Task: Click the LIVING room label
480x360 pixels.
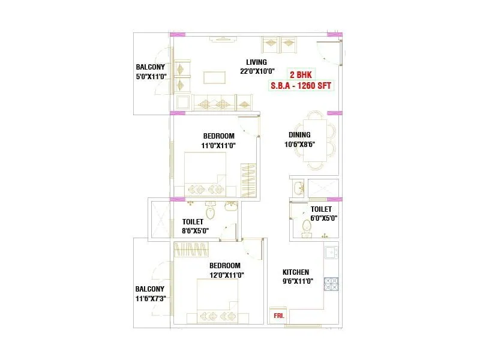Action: tap(257, 62)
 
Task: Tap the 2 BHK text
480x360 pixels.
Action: tap(300, 75)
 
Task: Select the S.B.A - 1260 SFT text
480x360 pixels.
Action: tap(301, 85)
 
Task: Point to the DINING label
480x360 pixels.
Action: tap(299, 135)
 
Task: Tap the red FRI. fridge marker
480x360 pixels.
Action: tap(279, 314)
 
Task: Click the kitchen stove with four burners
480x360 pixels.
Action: tap(331, 283)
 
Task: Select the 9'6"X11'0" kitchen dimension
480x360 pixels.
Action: tap(297, 281)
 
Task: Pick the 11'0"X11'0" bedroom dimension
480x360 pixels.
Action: tap(218, 145)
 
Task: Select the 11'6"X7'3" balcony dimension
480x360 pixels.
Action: tap(150, 297)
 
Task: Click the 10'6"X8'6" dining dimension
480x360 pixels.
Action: tap(299, 145)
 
